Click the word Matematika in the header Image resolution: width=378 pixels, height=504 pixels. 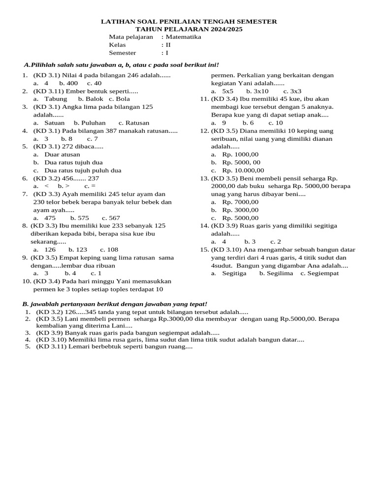point(183,37)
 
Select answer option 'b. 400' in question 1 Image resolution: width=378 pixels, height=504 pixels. point(68,83)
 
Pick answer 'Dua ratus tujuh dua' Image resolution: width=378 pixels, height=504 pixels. point(73,162)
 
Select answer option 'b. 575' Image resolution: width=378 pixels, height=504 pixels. point(79,218)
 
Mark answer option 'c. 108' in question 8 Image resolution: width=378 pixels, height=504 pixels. point(109,250)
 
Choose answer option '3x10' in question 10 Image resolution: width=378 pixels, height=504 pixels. point(257,91)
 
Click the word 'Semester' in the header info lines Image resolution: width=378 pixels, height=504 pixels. point(123,53)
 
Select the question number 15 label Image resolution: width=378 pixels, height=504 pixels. point(204,250)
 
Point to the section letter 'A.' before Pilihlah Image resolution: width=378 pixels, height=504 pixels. point(28,65)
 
